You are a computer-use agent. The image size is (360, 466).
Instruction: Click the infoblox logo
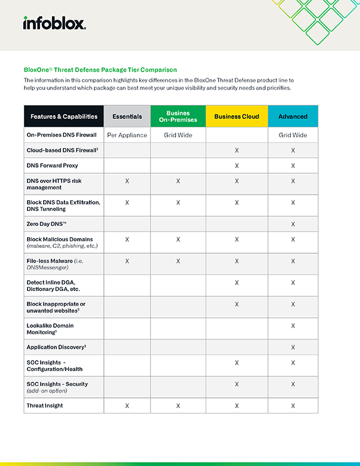[54, 23]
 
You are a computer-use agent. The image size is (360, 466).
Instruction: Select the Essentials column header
[127, 116]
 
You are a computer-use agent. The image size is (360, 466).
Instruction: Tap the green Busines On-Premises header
[178, 116]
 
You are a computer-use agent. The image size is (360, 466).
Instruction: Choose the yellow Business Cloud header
[236, 116]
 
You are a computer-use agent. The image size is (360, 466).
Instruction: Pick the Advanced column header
[293, 116]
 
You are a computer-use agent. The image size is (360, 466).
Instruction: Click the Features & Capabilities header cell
[64, 116]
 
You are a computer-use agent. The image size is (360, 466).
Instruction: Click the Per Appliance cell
[127, 135]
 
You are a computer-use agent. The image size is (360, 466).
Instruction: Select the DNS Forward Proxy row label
[52, 165]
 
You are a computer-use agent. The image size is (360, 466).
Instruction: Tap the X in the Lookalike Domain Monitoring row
[293, 326]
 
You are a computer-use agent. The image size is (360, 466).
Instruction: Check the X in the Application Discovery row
[293, 347]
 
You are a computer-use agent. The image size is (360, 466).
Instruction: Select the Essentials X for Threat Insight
[127, 406]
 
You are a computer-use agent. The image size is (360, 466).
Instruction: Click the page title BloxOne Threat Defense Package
[100, 70]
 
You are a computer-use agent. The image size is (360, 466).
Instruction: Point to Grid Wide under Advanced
[293, 135]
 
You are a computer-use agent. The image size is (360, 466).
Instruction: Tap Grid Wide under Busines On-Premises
[178, 135]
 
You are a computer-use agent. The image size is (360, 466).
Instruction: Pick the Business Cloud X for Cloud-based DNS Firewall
[237, 151]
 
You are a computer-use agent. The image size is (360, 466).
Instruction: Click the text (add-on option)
[48, 391]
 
